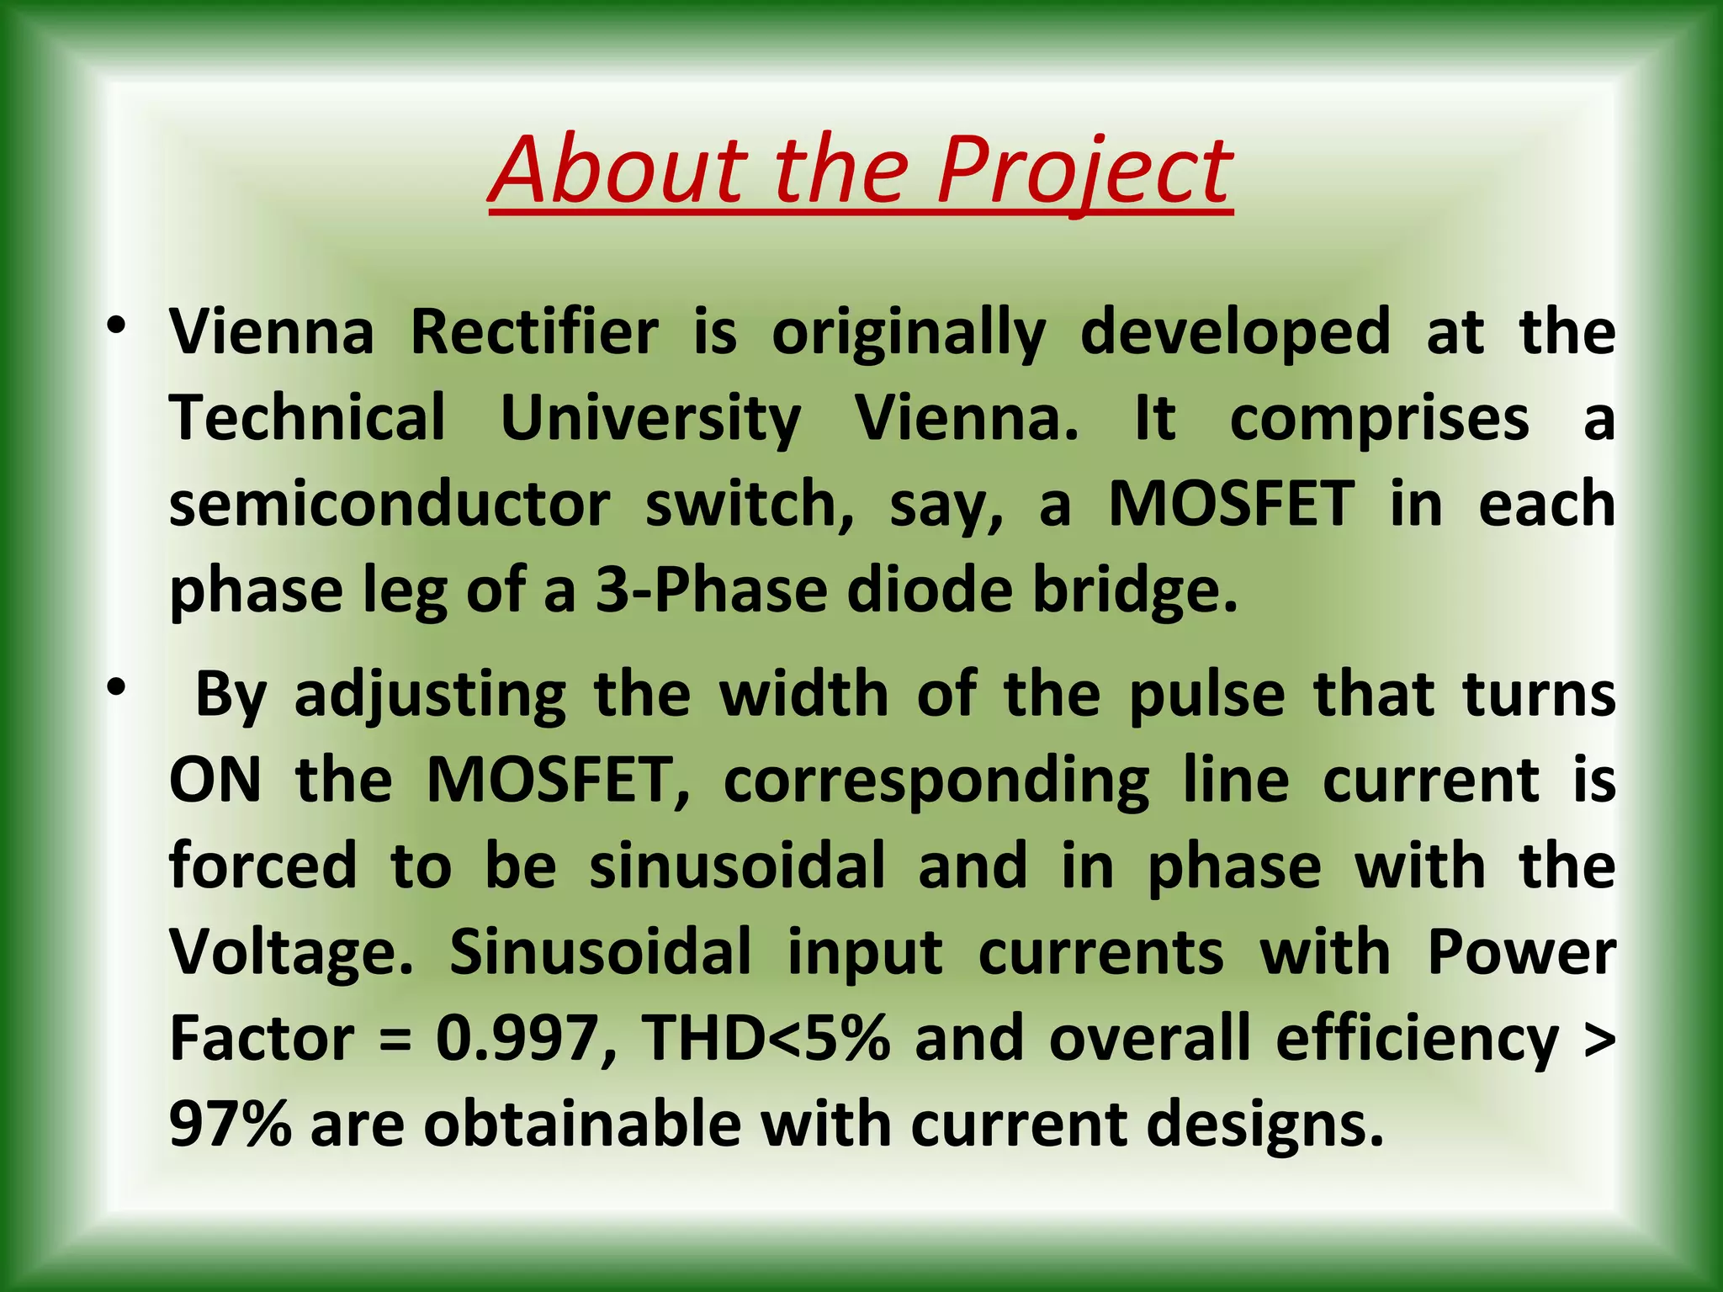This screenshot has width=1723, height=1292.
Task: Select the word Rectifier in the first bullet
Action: pos(534,333)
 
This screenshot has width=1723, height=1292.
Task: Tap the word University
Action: pos(650,419)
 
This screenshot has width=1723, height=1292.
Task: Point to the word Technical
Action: pos(307,419)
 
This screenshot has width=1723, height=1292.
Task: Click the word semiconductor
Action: pos(389,505)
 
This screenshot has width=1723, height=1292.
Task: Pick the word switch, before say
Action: pos(750,505)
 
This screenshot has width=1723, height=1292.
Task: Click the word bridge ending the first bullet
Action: pos(1135,590)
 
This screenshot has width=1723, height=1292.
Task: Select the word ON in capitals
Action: pos(215,781)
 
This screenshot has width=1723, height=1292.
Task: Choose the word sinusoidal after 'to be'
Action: pos(737,866)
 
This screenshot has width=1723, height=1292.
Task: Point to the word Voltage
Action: pos(291,954)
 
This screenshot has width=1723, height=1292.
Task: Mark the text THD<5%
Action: pos(766,1040)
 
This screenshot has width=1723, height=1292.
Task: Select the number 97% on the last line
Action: pos(230,1125)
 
